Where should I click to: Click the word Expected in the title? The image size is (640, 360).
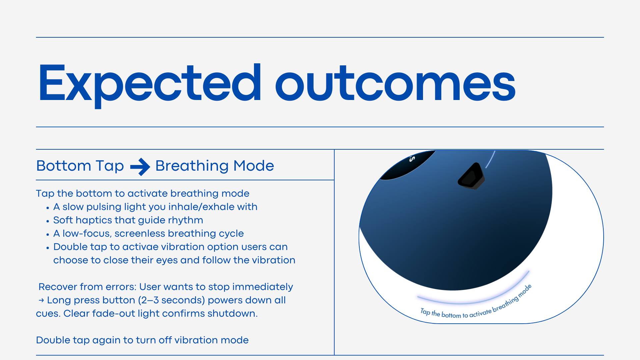point(150,85)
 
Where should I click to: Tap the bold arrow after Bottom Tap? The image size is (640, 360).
point(140,167)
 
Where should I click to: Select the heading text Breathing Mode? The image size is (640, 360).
point(215,166)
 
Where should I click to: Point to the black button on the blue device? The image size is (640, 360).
point(471,176)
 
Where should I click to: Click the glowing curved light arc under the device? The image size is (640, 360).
point(473,298)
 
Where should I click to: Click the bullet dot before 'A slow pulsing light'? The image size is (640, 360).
point(48,208)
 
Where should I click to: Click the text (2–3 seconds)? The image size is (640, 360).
point(171,300)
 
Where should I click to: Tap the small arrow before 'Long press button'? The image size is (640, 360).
point(41,300)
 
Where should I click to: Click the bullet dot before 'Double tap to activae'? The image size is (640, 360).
point(48,248)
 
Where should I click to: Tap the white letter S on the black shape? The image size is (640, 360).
point(412,159)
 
